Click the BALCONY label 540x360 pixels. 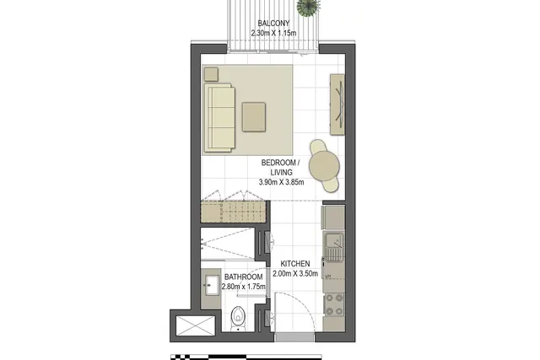click(273, 24)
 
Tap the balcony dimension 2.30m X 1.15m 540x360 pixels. click(273, 34)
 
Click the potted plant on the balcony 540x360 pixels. click(307, 8)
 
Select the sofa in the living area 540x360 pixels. click(219, 118)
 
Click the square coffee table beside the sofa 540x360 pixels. click(254, 117)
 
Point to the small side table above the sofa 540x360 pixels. click(211, 74)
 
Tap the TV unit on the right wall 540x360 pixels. click(337, 105)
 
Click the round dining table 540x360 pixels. click(324, 165)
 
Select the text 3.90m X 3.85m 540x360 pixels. click(281, 182)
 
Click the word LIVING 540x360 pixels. click(281, 172)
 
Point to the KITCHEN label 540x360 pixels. click(295, 264)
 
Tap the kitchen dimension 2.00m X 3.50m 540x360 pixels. click(295, 274)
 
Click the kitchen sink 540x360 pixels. click(334, 247)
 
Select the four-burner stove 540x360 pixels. click(334, 304)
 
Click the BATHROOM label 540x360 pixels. click(244, 277)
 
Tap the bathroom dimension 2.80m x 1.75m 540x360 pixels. click(244, 287)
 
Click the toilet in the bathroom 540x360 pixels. click(238, 318)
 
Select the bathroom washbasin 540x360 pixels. click(211, 285)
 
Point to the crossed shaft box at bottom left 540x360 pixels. click(195, 325)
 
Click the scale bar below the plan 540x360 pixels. click(246, 357)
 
